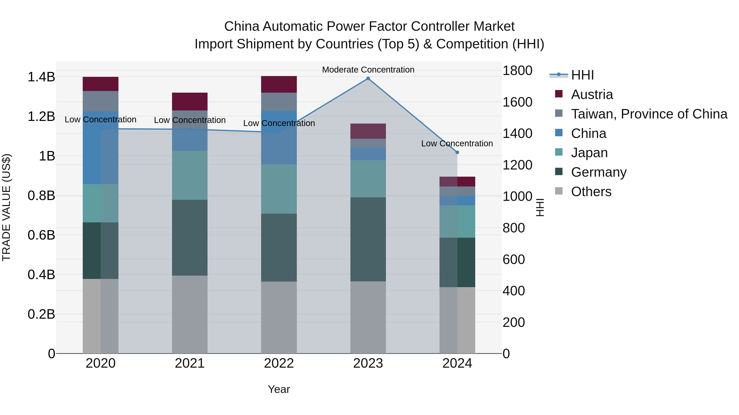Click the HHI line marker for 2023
click(x=368, y=78)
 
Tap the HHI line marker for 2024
click(x=457, y=152)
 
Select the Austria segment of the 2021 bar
click(x=190, y=101)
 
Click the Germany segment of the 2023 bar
click(x=368, y=239)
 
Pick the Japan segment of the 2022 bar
click(x=279, y=189)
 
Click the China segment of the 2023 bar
click(x=368, y=154)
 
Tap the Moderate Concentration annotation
click(x=368, y=70)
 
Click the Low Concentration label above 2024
click(x=457, y=143)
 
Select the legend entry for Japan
click(x=589, y=153)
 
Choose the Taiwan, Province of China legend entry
click(x=649, y=114)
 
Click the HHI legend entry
click(x=582, y=75)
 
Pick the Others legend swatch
click(x=559, y=191)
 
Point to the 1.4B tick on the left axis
click(x=41, y=77)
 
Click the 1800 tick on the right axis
click(x=517, y=70)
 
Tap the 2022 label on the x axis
click(x=279, y=363)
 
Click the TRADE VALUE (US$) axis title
click(x=6, y=207)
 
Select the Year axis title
click(x=279, y=389)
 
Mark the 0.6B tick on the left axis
click(x=41, y=235)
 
